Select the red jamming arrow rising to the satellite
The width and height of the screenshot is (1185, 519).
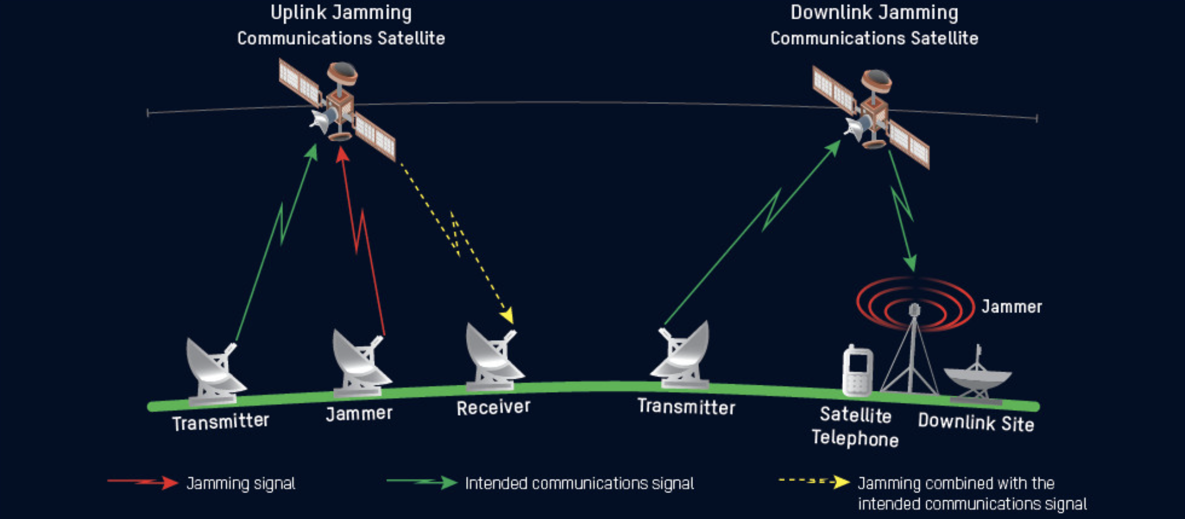click(361, 232)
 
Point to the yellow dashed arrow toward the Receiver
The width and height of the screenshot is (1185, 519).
click(458, 237)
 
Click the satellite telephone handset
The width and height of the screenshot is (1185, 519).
click(857, 371)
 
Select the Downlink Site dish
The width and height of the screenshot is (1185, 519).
click(978, 379)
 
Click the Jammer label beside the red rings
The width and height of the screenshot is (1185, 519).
click(1011, 307)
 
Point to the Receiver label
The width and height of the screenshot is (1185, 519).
click(493, 408)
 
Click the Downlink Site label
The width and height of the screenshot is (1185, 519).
click(975, 423)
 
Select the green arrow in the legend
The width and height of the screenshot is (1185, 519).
click(421, 483)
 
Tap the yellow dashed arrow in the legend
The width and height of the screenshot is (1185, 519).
click(814, 482)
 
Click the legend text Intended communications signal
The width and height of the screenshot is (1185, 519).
click(579, 484)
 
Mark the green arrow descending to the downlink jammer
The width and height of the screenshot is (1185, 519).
click(902, 210)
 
